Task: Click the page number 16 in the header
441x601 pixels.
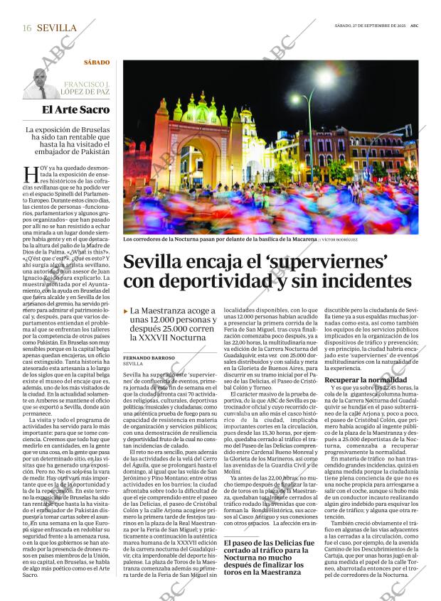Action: tap(26, 28)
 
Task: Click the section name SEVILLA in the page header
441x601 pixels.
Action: tap(56, 28)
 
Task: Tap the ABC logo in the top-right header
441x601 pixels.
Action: tap(415, 26)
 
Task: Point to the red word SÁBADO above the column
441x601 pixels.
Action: tap(96, 63)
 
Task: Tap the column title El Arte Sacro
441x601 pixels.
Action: tap(75, 109)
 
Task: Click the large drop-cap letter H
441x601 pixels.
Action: tap(31, 173)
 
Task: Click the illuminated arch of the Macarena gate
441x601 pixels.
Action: tap(193, 161)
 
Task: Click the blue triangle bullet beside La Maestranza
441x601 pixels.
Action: tap(126, 311)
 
